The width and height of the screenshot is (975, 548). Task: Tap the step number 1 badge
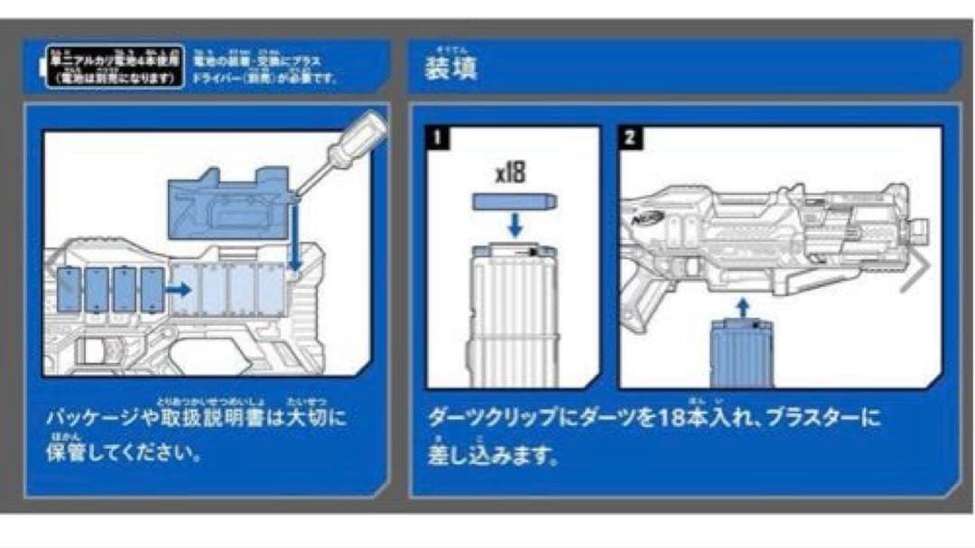coord(438,137)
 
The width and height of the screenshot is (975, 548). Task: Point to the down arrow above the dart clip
coord(514,226)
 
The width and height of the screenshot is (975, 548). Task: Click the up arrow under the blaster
coord(741,308)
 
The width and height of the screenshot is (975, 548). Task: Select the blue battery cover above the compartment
coord(229,204)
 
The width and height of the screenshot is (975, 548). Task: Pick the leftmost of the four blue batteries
coord(70,290)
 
